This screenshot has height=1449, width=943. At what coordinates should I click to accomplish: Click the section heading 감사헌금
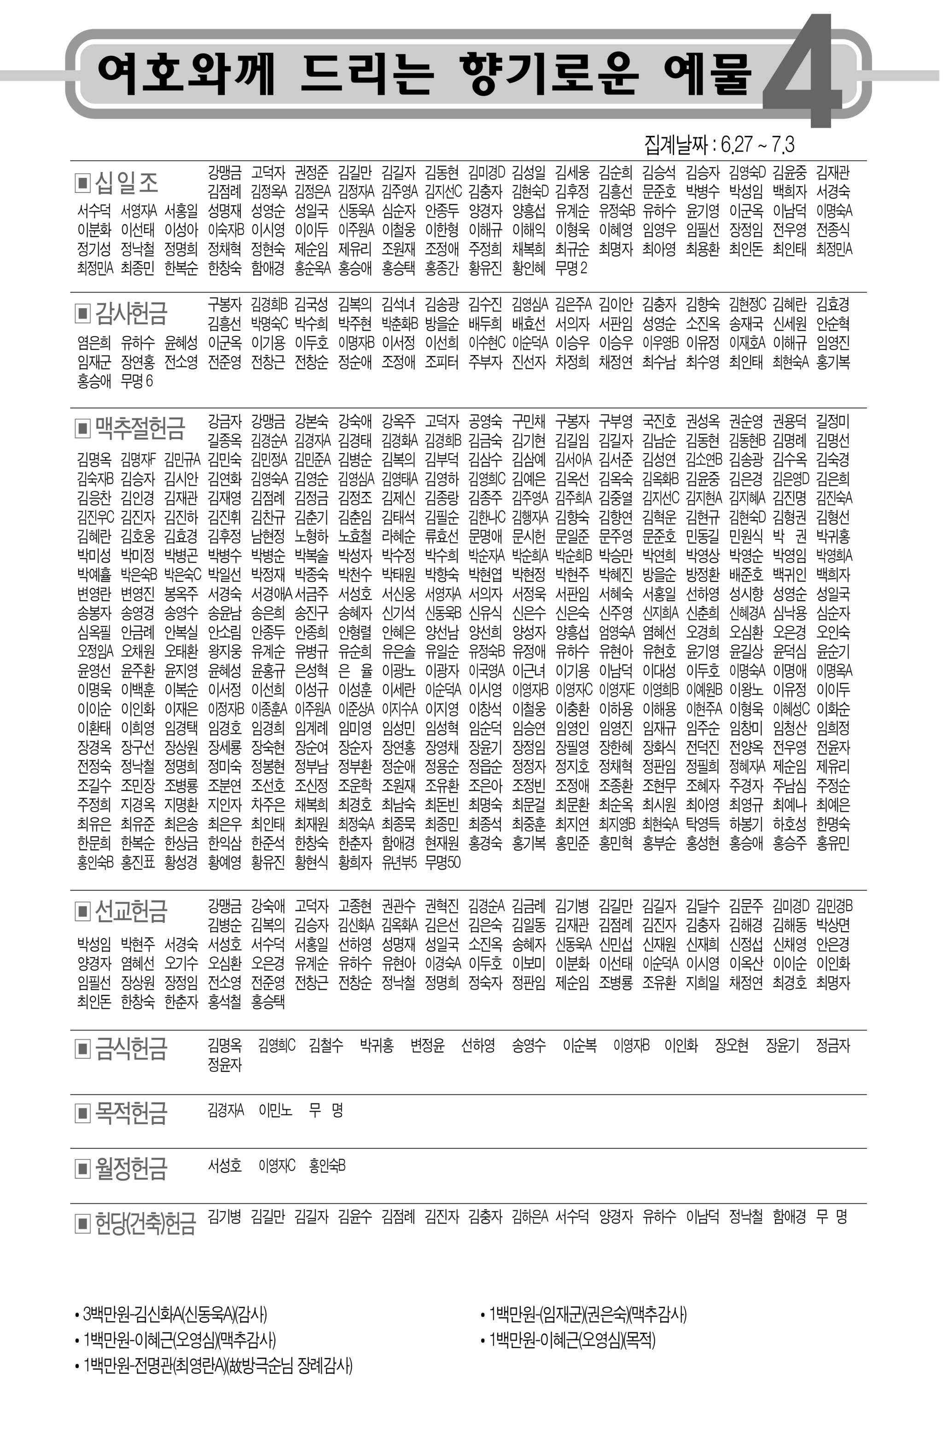(131, 313)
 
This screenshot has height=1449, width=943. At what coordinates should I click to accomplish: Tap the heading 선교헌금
(131, 911)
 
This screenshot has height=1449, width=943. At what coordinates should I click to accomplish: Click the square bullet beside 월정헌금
(82, 1168)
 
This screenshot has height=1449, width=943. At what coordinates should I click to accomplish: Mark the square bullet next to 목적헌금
(82, 1113)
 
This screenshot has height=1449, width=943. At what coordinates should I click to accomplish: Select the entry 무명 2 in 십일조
(571, 268)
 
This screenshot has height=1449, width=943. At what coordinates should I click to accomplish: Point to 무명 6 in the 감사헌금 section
(137, 381)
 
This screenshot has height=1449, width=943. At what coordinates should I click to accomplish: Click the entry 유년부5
(399, 862)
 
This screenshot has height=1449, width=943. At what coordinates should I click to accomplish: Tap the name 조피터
(442, 362)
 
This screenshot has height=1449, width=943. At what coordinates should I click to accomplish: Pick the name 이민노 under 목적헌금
(275, 1110)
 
